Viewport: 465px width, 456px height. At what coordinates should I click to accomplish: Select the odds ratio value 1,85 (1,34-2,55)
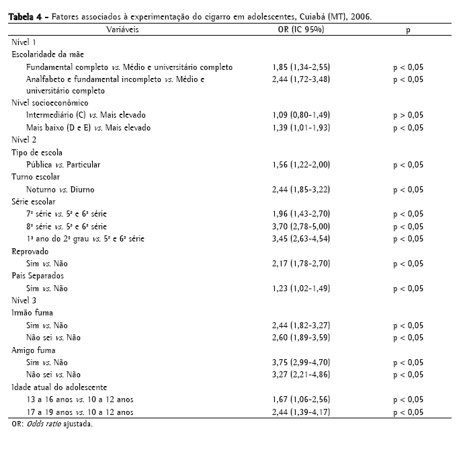(x=301, y=67)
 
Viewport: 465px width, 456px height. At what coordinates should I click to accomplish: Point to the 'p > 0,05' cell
(x=408, y=116)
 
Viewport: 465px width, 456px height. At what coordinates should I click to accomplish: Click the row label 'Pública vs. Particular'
(x=63, y=165)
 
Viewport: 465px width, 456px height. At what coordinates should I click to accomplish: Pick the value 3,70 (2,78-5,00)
(x=301, y=226)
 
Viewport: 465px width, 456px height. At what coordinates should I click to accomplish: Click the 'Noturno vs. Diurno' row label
(x=59, y=189)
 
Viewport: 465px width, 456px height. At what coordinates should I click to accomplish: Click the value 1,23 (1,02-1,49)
(x=301, y=289)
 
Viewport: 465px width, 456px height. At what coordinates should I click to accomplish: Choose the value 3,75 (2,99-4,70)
(x=301, y=362)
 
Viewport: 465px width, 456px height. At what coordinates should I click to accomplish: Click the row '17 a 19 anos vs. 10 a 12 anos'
(x=80, y=412)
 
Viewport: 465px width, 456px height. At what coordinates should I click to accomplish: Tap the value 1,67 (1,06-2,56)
(x=301, y=400)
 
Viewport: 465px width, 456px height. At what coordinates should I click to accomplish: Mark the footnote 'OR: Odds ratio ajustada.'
(x=52, y=424)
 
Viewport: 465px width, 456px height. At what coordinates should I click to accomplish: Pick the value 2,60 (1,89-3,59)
(x=301, y=338)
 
